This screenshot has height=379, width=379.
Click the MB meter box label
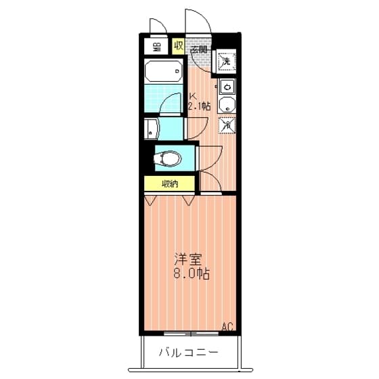(x=156, y=47)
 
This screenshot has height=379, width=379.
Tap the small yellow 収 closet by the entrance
(x=178, y=46)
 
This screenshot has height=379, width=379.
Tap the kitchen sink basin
(x=227, y=87)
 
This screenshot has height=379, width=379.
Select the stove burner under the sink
(x=227, y=106)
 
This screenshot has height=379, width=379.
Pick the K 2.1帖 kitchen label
(x=199, y=102)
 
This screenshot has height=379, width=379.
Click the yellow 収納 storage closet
(x=170, y=183)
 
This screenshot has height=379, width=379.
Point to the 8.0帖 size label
(x=192, y=275)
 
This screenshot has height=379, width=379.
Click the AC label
(x=228, y=328)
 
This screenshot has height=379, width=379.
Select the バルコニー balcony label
(x=189, y=353)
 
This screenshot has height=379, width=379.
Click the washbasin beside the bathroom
(x=151, y=129)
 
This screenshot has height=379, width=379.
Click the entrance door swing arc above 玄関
(x=200, y=20)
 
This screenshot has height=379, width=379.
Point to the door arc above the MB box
(x=158, y=27)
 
